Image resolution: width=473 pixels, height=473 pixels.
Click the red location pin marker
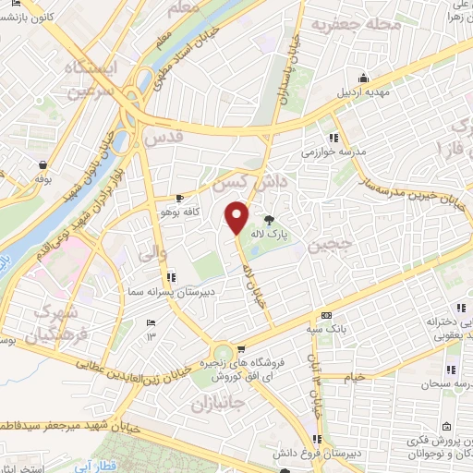[237, 217]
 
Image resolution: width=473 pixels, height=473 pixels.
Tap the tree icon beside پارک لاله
[269, 220]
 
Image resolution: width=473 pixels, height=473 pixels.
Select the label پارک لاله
[297, 235]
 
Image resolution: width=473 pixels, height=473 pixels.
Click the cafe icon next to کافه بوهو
[180, 198]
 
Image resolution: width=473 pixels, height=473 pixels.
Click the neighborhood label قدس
[165, 137]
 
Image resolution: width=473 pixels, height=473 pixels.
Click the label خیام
[380, 377]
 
